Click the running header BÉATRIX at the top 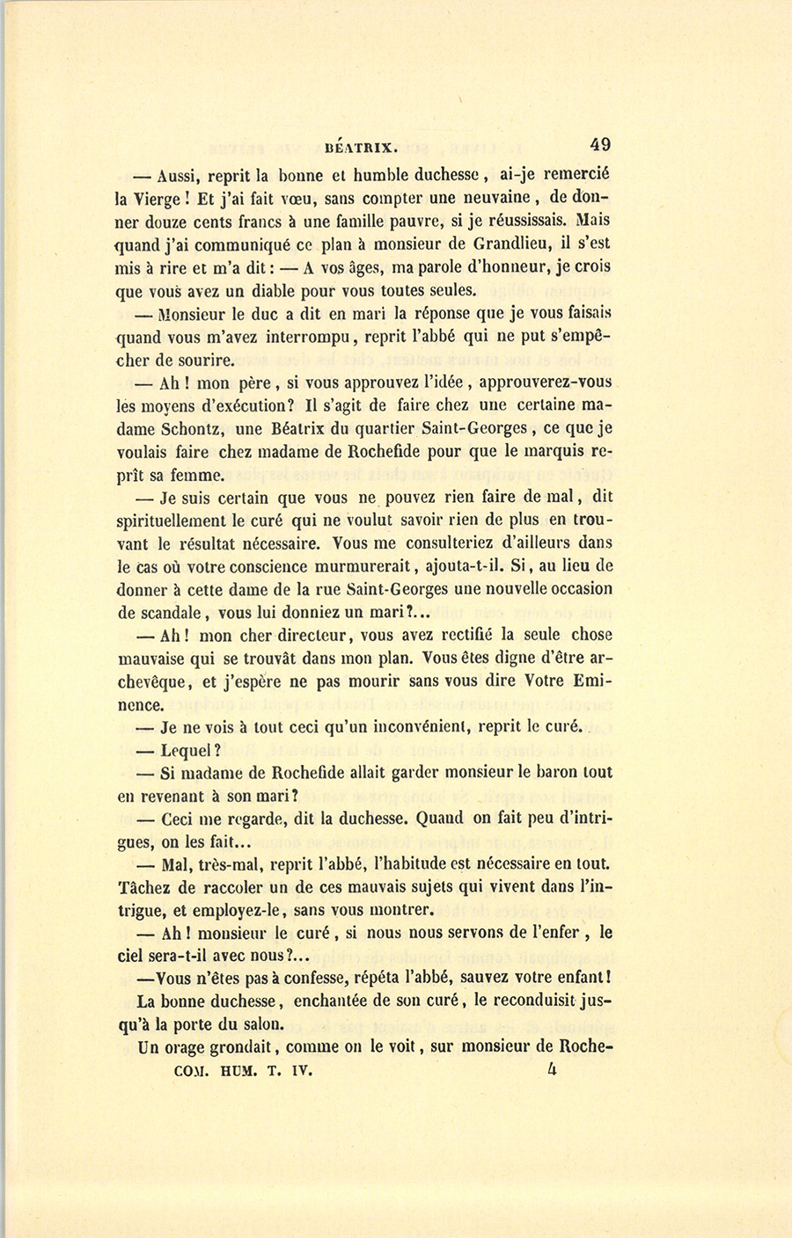click(x=363, y=149)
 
